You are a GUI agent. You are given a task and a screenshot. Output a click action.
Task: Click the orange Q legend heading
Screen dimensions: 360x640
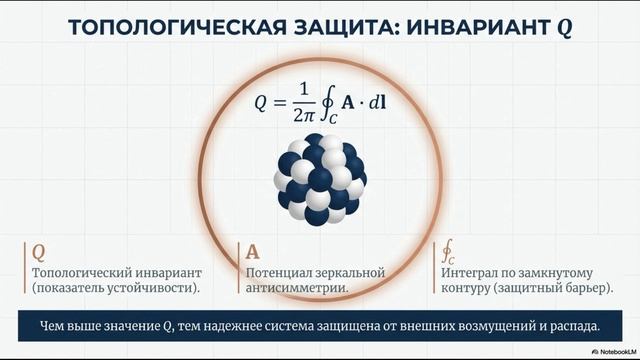point(39,251)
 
